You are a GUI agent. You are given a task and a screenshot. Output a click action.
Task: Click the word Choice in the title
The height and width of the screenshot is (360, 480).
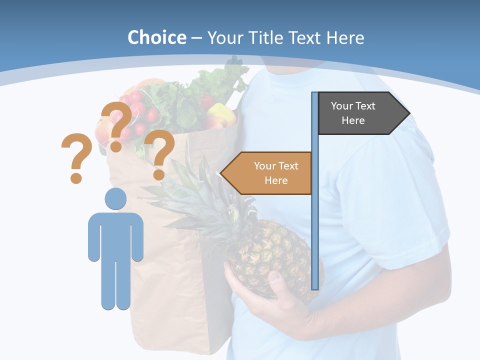click(x=156, y=37)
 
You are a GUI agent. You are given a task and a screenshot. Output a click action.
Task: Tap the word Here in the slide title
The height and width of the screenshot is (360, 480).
click(x=345, y=37)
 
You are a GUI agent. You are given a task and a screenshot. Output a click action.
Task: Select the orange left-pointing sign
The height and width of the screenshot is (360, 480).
click(x=270, y=173)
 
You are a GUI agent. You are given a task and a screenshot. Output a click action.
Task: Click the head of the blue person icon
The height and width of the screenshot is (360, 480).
click(x=115, y=199)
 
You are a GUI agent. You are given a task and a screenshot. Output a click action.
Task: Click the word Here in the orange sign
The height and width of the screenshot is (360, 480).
click(x=276, y=180)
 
